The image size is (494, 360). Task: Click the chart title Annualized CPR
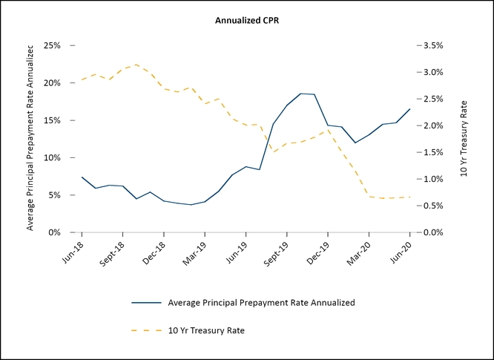247,20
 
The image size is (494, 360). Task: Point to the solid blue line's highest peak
301,94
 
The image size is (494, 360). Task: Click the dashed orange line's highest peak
136,65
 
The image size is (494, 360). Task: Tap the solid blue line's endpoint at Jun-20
410,109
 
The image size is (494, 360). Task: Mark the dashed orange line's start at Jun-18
82,79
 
